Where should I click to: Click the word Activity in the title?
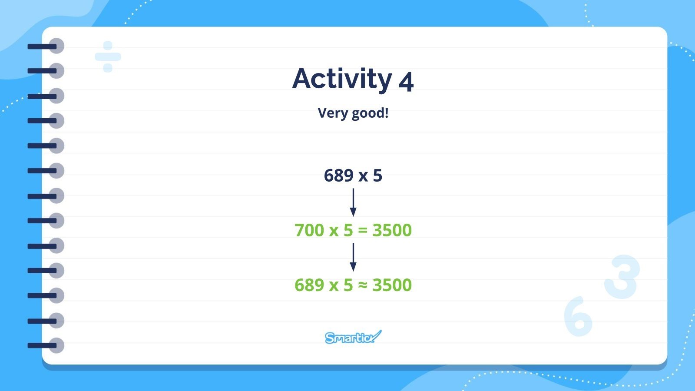point(342,79)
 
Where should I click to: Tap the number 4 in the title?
point(406,81)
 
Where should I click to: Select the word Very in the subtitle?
point(333,113)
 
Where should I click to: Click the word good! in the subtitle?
point(370,113)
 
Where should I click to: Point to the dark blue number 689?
point(338,176)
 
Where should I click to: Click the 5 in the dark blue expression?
point(377,176)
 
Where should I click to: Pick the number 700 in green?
point(309,230)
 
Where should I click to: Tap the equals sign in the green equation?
point(363,231)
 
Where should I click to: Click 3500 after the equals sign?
point(392,230)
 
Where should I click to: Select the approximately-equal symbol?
point(363,285)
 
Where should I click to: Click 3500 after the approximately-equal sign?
point(392,285)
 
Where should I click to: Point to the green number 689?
point(309,285)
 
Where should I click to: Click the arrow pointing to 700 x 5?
point(353,202)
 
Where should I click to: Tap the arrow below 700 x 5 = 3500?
point(353,257)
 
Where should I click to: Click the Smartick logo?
point(353,337)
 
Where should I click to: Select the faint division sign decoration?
point(108,57)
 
